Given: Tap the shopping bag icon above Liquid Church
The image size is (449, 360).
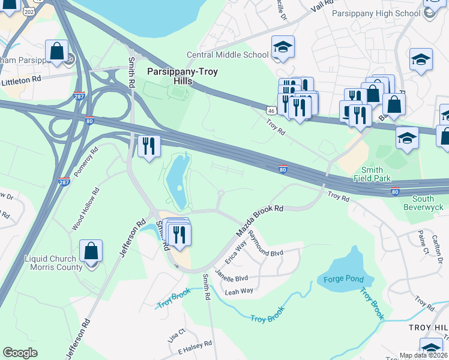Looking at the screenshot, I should pos(91,251).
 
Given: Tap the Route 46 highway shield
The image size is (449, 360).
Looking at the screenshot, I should pos(272,110).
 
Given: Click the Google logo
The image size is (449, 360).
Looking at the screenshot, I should pos(20,352).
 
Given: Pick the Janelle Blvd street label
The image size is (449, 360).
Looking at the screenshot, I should pos(231,278).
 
